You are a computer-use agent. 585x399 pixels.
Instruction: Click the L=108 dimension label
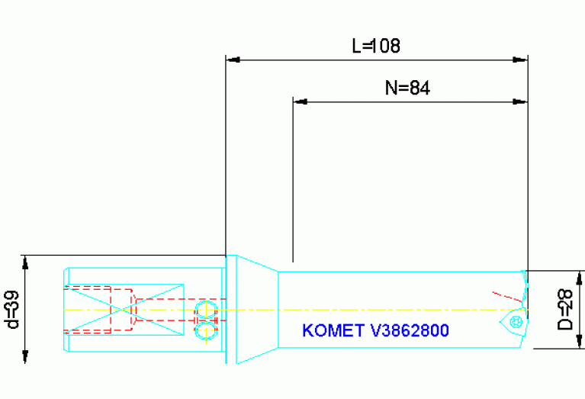pyautogui.click(x=375, y=47)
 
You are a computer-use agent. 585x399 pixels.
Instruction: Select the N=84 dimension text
pyautogui.click(x=407, y=88)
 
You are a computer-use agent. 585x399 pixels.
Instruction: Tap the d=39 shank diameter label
pyautogui.click(x=11, y=310)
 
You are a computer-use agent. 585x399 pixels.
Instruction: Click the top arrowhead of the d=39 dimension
pyautogui.click(x=25, y=262)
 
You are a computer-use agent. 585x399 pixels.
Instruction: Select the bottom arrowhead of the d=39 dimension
pyautogui.click(x=25, y=357)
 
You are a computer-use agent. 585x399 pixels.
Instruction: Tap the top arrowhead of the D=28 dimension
pyautogui.click(x=580, y=277)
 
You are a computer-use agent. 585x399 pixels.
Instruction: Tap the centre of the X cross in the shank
pyautogui.click(x=124, y=309)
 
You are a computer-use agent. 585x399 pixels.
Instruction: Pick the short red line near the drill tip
pyautogui.click(x=503, y=294)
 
